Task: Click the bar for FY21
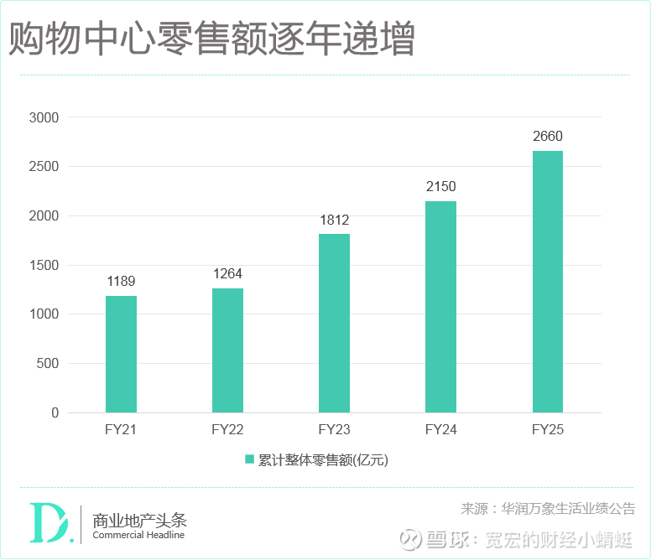tap(121, 354)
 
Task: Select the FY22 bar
tap(227, 350)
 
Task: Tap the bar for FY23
tap(334, 323)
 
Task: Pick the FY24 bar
tap(440, 307)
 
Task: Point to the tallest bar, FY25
tap(547, 282)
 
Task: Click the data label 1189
tap(121, 282)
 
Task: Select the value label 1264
tap(227, 274)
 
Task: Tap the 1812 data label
tap(334, 220)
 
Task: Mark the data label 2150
tap(440, 187)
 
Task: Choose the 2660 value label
tap(547, 137)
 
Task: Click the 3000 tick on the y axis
tap(44, 118)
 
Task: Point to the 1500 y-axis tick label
tap(44, 266)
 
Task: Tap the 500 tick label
tap(47, 364)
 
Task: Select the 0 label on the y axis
tap(55, 413)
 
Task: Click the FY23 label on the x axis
tap(334, 431)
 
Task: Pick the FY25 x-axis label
tap(547, 431)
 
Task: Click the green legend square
tap(249, 459)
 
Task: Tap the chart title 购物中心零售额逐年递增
tap(211, 40)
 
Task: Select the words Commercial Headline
tap(138, 536)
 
